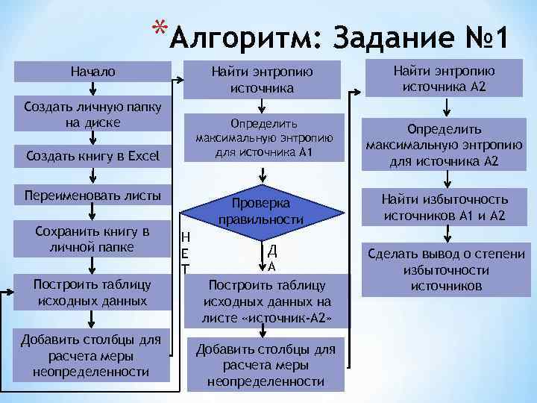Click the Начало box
pos(93,72)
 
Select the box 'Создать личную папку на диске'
pos(93,114)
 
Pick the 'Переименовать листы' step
pos(93,196)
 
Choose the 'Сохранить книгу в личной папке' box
pos(93,238)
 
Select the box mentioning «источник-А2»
pos(266,302)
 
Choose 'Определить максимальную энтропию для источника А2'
pos(445,146)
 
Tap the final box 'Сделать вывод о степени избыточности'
pos(445,269)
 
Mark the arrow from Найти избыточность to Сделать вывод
pos(445,233)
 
